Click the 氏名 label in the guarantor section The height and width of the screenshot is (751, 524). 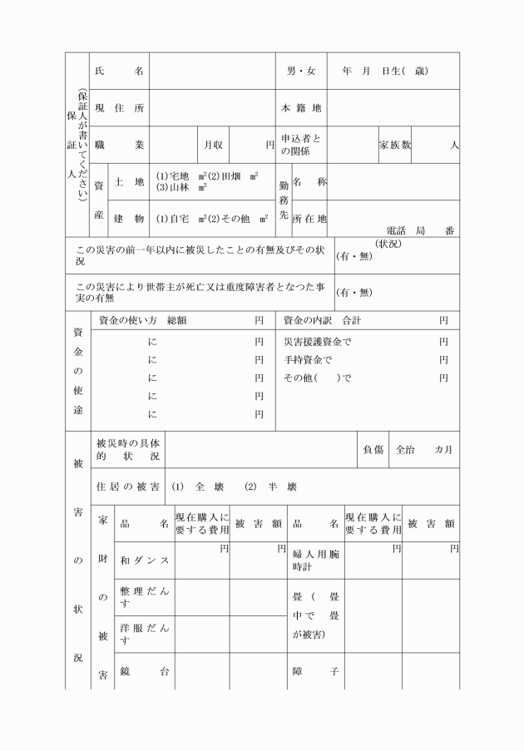coord(119,72)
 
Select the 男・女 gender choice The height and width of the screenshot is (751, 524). coord(300,72)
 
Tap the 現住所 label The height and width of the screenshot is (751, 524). coord(119,108)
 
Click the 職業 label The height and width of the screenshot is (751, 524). coord(119,145)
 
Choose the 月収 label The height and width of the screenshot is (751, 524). coord(213,145)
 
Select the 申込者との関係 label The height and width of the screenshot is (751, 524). coord(300,145)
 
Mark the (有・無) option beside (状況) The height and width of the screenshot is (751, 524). coord(353,256)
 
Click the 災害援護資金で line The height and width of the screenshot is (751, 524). coord(318,342)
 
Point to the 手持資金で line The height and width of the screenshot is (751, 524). coord(308,360)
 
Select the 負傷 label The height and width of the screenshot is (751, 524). coord(373,450)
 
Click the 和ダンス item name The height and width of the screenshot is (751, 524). coord(145,561)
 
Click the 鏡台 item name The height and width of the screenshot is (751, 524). coord(145,671)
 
